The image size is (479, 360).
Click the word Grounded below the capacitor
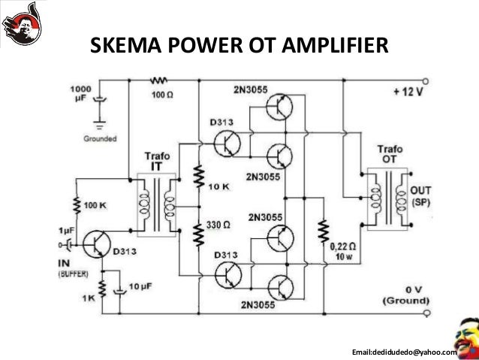(99, 138)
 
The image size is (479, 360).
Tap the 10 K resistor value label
(221, 186)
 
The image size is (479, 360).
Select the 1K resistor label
(90, 298)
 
